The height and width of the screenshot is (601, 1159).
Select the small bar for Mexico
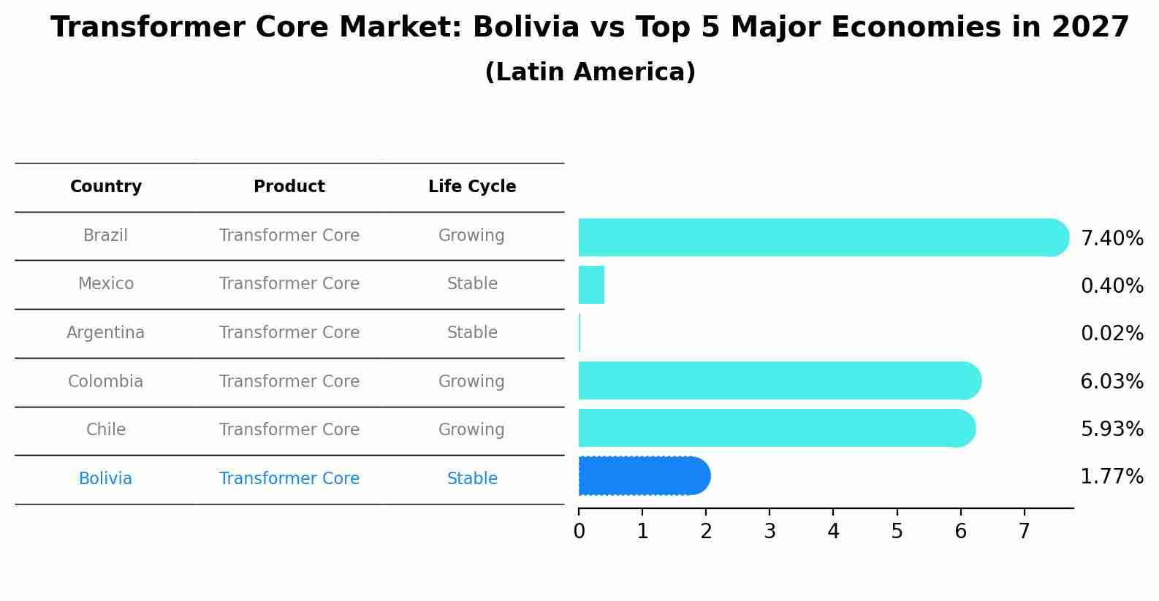(x=591, y=285)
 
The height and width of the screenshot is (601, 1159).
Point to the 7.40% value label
(x=1111, y=239)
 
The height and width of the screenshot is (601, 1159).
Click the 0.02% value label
(x=1111, y=334)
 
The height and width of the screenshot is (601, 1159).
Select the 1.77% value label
(x=1111, y=477)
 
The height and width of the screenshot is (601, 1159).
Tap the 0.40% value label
(x=1111, y=286)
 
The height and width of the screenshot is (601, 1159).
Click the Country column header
(x=106, y=187)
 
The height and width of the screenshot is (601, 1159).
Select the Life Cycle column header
(x=472, y=187)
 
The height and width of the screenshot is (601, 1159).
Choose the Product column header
(x=289, y=187)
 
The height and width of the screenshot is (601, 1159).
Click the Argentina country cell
(x=106, y=333)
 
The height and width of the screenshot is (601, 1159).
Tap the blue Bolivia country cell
(x=106, y=479)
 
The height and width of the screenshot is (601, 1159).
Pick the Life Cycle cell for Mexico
(x=472, y=284)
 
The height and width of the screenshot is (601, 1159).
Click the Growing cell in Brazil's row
(x=471, y=236)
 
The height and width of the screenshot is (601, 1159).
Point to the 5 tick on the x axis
(x=897, y=532)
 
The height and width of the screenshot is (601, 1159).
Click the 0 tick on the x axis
(x=579, y=532)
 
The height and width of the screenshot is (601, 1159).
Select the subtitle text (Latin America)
(x=590, y=72)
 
